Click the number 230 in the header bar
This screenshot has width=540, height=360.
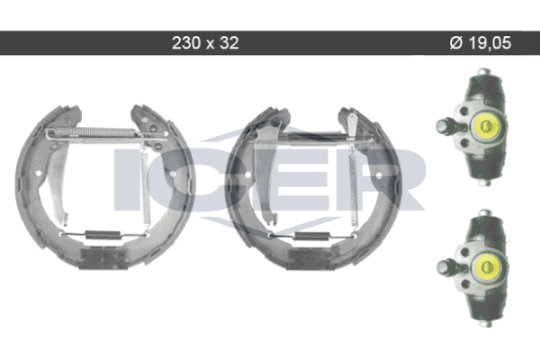coord(185,43)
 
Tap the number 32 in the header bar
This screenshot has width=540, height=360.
coord(229,43)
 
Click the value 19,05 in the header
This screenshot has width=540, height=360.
coord(490,43)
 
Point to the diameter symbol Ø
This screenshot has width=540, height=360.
coord(456,43)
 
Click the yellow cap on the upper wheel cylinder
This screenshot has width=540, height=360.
coord(486,126)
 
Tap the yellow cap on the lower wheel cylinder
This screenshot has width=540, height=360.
coord(486,266)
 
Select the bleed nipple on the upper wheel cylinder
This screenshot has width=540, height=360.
coord(446,126)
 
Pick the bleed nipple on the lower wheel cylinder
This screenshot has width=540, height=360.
coord(447,267)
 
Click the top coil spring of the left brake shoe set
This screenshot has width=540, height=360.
coord(95,132)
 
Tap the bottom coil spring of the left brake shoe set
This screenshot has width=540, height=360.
coord(103,235)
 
